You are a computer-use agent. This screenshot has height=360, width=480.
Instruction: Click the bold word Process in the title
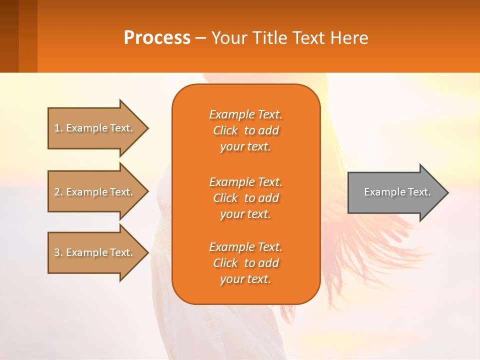tap(157, 38)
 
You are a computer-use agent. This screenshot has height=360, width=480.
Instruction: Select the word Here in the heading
tap(349, 38)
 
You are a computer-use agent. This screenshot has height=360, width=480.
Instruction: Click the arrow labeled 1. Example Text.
tap(98, 128)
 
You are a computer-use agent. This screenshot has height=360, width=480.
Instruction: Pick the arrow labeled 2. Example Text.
tap(98, 191)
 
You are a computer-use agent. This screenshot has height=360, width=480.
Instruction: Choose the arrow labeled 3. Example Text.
tap(98, 253)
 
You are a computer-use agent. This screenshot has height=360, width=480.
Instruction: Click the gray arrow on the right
tap(398, 192)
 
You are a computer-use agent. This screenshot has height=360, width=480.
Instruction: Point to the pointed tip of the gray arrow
tap(448, 192)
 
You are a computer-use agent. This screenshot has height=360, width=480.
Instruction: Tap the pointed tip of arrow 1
tap(148, 128)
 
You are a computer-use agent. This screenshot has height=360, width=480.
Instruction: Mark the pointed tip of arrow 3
tap(148, 253)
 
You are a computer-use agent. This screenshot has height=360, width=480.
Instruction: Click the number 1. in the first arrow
tap(58, 128)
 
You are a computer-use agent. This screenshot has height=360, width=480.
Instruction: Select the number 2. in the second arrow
tap(58, 192)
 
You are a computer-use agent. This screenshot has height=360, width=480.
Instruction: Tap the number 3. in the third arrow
tap(58, 252)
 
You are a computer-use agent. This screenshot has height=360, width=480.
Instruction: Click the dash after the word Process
tap(200, 39)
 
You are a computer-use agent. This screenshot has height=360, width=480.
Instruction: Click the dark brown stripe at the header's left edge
tap(9, 36)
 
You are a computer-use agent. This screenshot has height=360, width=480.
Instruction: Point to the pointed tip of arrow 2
tap(148, 191)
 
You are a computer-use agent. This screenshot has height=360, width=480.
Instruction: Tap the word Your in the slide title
tap(229, 38)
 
